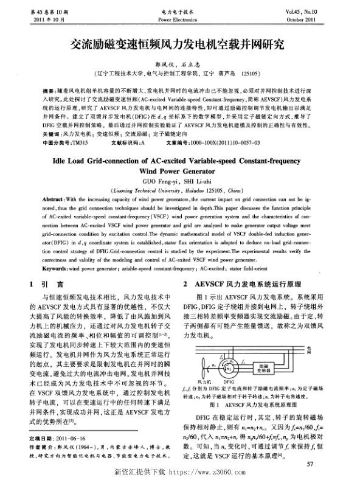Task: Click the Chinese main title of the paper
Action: click(180, 46)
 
